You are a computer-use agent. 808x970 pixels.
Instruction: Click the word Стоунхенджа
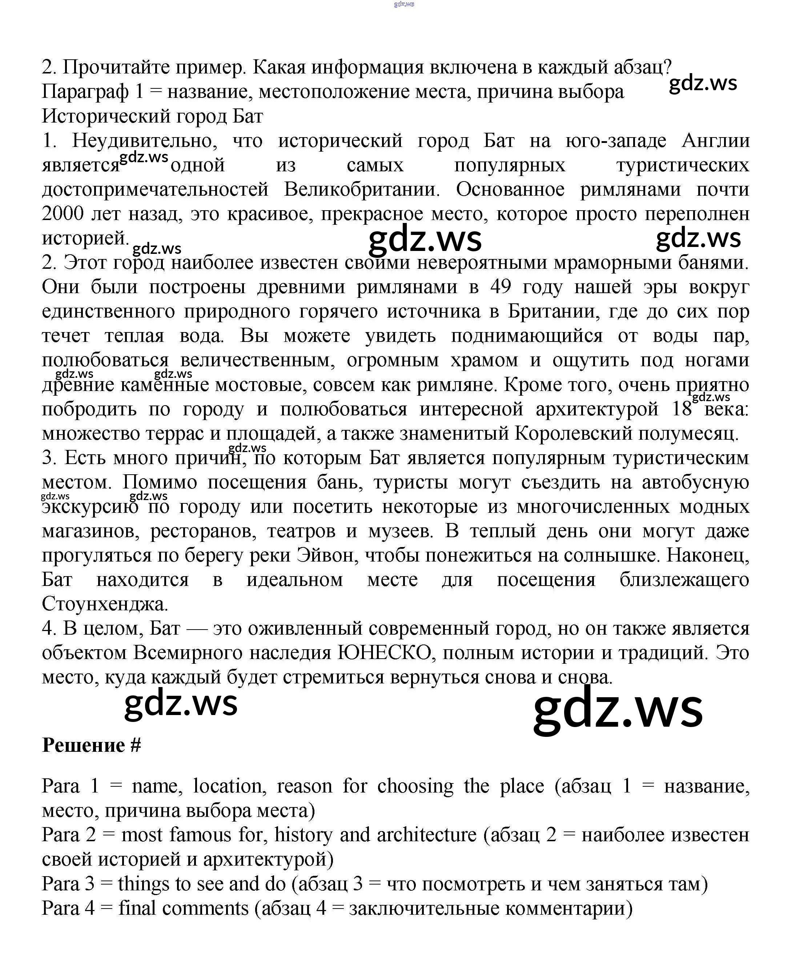pos(105,604)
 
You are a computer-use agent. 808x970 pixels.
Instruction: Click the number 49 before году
pos(501,287)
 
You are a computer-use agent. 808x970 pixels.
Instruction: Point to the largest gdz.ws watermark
pos(618,709)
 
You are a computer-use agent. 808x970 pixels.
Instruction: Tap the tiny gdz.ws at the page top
pos(404,4)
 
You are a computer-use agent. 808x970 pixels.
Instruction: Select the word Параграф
pos(85,91)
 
